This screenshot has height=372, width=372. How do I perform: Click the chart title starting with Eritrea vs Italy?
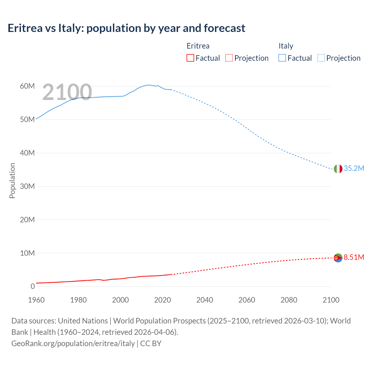[x=126, y=28]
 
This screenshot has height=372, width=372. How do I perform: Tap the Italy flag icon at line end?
[x=338, y=169]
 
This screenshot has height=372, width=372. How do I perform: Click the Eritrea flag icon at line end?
[x=338, y=257]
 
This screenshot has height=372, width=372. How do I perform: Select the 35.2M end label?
[x=354, y=169]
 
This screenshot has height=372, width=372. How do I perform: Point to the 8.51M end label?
[x=354, y=257]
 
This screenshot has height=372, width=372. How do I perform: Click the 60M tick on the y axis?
[x=27, y=86]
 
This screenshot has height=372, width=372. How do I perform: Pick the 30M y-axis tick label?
[x=27, y=186]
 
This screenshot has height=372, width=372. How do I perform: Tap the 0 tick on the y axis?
[x=33, y=287]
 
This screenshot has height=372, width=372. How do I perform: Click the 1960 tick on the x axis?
[x=36, y=300]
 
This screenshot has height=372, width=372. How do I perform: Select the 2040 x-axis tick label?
[x=205, y=300]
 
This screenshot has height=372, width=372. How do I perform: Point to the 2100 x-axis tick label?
[x=331, y=300]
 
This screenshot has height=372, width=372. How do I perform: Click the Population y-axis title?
[x=12, y=180]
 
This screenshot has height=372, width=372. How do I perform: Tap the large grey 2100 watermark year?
[x=67, y=92]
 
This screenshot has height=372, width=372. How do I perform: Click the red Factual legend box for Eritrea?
[x=190, y=58]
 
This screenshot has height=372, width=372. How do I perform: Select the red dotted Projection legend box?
[x=229, y=58]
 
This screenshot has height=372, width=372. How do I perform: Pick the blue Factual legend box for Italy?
[x=282, y=58]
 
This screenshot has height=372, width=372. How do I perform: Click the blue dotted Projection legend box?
[x=321, y=58]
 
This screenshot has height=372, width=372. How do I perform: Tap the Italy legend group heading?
[x=286, y=46]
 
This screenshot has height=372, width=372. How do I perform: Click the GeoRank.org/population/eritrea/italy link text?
[x=73, y=344]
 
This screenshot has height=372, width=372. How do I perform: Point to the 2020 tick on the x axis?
[x=162, y=300]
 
